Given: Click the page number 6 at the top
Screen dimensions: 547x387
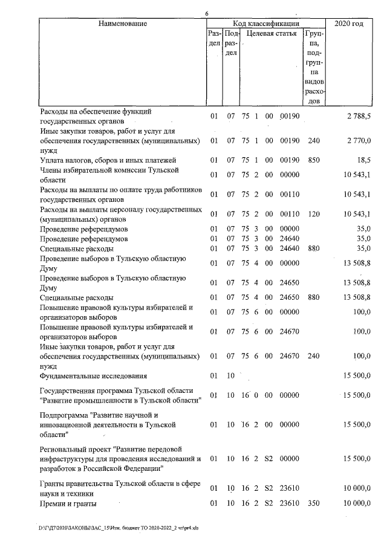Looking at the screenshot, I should (x=207, y=14).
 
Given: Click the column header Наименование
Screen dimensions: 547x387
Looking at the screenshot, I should (x=122, y=24).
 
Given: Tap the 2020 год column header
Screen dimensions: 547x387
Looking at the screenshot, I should (x=349, y=24).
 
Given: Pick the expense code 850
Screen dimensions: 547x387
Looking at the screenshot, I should (x=313, y=160).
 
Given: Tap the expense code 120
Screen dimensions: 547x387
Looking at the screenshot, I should (x=313, y=214).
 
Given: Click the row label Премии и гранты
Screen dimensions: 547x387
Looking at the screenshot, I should (x=68, y=503).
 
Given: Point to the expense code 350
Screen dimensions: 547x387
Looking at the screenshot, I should (x=313, y=503).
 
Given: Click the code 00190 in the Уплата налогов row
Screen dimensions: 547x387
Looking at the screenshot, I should (x=290, y=160).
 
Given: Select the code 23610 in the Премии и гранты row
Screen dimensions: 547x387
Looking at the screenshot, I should (x=290, y=503).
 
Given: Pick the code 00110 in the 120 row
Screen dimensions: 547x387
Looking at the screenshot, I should (x=290, y=214).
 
